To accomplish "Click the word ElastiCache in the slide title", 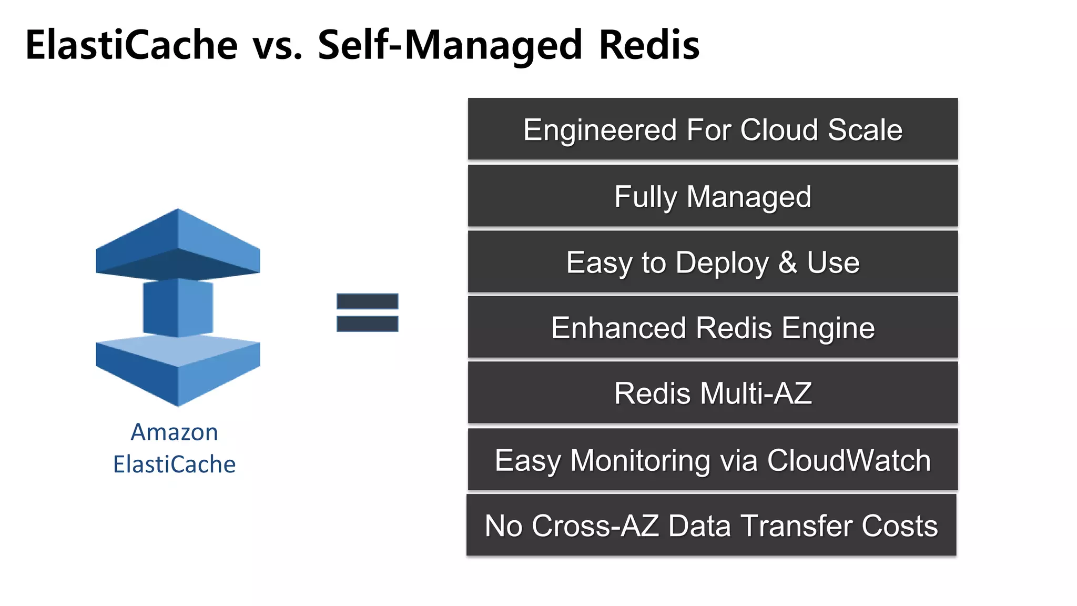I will click(x=131, y=45).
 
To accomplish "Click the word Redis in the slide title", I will click(x=649, y=45).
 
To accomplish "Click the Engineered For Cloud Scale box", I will click(x=713, y=129).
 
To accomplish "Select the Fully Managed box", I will click(x=713, y=196).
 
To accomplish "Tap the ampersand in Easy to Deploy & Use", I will click(x=787, y=262).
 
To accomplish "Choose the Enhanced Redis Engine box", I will click(x=713, y=328).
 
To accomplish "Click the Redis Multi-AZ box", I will click(x=713, y=393).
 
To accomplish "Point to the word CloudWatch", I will click(x=849, y=460).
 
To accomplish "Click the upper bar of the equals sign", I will click(x=367, y=301).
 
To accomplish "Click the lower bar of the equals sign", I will click(x=367, y=324).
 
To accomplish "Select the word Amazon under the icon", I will click(x=174, y=432).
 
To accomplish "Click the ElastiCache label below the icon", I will click(x=174, y=464).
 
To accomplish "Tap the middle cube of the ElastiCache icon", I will click(x=178, y=308).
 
